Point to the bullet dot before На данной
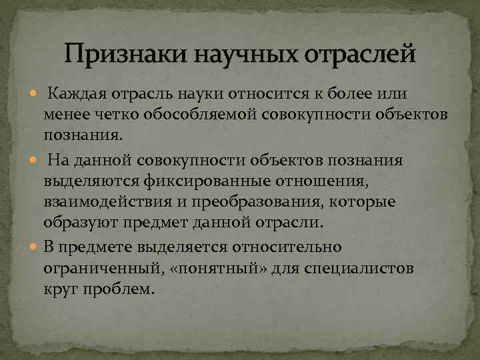pyautogui.click(x=36, y=161)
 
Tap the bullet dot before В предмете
pyautogui.click(x=36, y=247)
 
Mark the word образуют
pyautogui.click(x=75, y=222)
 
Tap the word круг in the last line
pyautogui.click(x=60, y=290)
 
